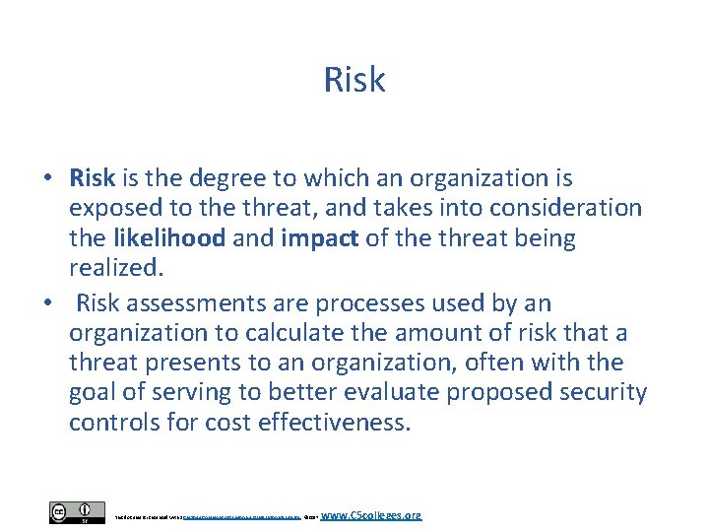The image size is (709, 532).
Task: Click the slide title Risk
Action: point(354,80)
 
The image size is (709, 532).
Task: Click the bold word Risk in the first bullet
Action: point(93,178)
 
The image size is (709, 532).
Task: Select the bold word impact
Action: point(318,237)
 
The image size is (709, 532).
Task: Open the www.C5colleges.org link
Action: point(371,514)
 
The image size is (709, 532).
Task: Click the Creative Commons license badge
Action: point(77,513)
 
